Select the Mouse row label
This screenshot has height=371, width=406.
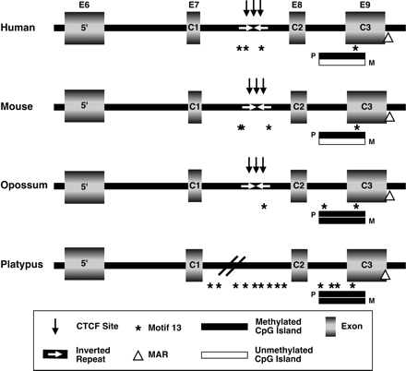(17, 106)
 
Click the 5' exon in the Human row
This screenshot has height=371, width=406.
(85, 28)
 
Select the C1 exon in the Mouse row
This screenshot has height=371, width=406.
(195, 107)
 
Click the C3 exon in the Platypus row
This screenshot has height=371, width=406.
(366, 266)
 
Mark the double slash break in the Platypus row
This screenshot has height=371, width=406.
(229, 267)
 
